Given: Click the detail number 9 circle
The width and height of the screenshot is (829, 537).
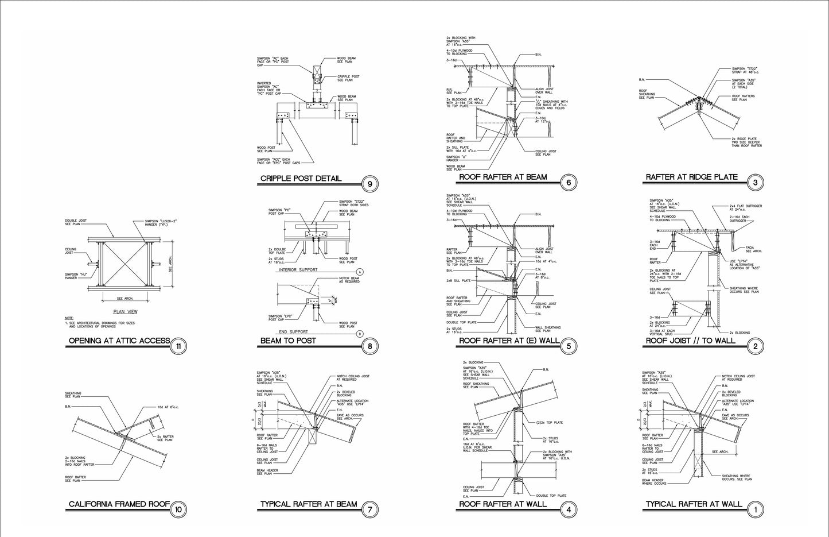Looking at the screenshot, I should coord(370,184).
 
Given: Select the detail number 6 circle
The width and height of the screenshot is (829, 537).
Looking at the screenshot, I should coord(569,182).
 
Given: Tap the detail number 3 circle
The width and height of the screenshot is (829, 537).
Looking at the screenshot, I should coord(755,183).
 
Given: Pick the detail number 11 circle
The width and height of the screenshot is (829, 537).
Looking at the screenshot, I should coord(179,346).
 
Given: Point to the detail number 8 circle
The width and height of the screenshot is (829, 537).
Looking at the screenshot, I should coord(370,346).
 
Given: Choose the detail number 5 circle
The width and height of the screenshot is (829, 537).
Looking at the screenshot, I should coord(569,346).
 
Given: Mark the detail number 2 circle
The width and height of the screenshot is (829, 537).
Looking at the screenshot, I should coord(755,346).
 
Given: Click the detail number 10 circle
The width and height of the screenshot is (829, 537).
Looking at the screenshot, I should coord(178,509).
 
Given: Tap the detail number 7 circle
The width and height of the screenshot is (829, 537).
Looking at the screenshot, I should coord(370,509).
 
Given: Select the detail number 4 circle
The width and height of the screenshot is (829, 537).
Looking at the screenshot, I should coord(569,509).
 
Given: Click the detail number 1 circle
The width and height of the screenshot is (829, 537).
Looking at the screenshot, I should coord(755,509).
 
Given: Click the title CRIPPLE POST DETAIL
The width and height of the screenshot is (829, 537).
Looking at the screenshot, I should coord(301,179).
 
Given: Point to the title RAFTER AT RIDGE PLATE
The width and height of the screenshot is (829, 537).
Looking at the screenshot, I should coord(691,177).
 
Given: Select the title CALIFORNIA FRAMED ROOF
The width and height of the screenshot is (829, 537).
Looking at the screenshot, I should coord(119,505).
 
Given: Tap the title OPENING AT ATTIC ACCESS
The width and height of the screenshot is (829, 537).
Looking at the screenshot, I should coord(119,341).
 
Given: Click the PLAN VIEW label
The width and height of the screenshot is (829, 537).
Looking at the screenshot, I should coord(125,312).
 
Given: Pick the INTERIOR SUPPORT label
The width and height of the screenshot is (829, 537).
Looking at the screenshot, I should coord(298,269).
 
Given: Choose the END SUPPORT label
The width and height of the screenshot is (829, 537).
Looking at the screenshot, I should coord(293,331).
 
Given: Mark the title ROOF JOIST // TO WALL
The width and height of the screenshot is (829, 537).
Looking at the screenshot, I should coord(690,341).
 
